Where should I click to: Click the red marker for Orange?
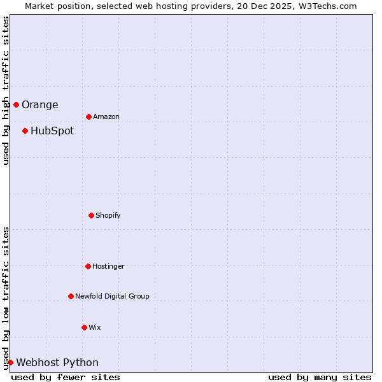coord(16,104)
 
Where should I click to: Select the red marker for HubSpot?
coord(25,131)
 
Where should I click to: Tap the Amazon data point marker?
coord(88,117)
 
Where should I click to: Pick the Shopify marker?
coord(91,215)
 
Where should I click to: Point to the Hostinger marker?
coord(88,266)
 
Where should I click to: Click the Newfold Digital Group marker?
coord(71,296)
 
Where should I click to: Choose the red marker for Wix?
coord(84,327)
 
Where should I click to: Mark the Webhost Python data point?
coord(10,362)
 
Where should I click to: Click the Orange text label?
coord(39,105)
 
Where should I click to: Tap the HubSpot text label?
coord(52,131)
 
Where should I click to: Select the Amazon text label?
coord(106,117)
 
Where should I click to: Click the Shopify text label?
coord(108,216)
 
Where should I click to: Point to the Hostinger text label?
coord(108,267)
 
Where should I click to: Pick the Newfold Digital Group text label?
coord(112,297)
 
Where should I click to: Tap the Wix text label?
coord(95,328)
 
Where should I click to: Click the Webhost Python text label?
coord(57,363)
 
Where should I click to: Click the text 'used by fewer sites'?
coord(66,377)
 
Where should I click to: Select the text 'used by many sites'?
coord(320,377)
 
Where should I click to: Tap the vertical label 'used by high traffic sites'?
coord(6,91)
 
